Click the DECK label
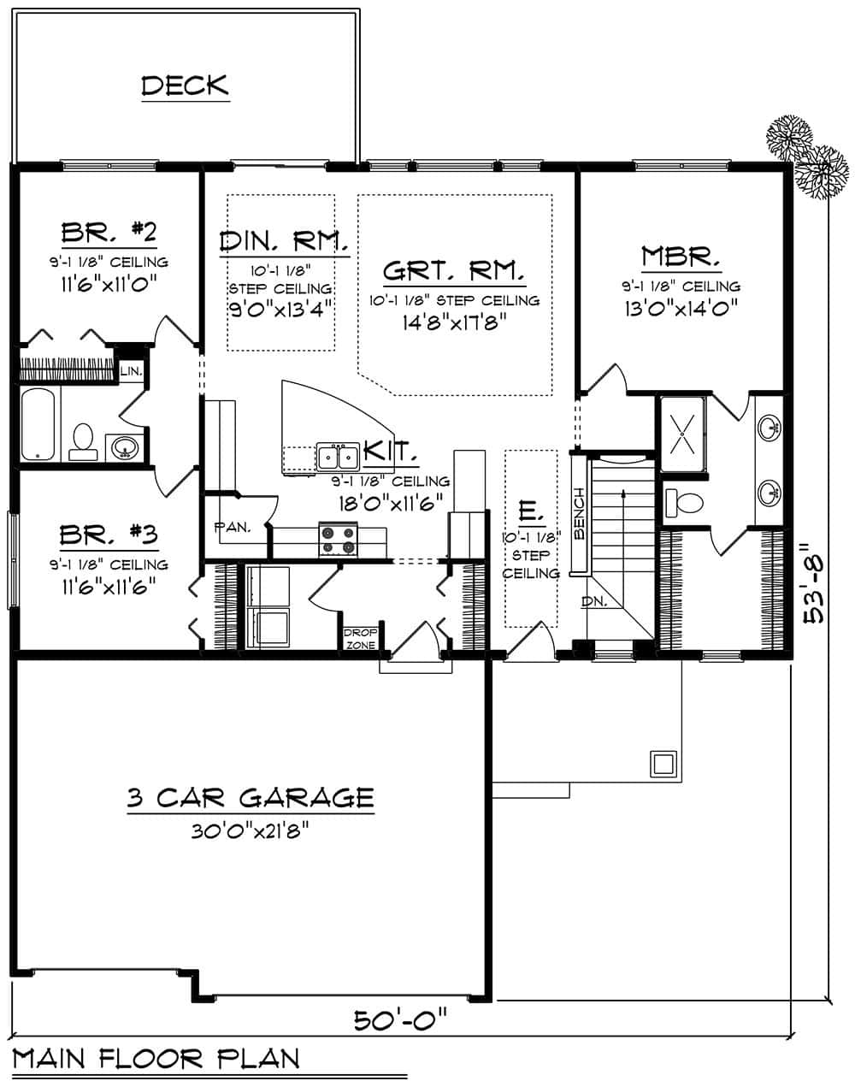[186, 86]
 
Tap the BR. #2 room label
[108, 233]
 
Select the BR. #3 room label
[108, 536]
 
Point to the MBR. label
[681, 256]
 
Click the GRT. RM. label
[454, 271]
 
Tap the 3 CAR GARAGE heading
[251, 799]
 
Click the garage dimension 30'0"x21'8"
[251, 828]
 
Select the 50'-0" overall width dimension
[401, 1019]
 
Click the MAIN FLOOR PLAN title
[156, 1059]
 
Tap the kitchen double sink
[338, 457]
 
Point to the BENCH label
[579, 515]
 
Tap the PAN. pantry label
[232, 527]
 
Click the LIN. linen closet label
[131, 371]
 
